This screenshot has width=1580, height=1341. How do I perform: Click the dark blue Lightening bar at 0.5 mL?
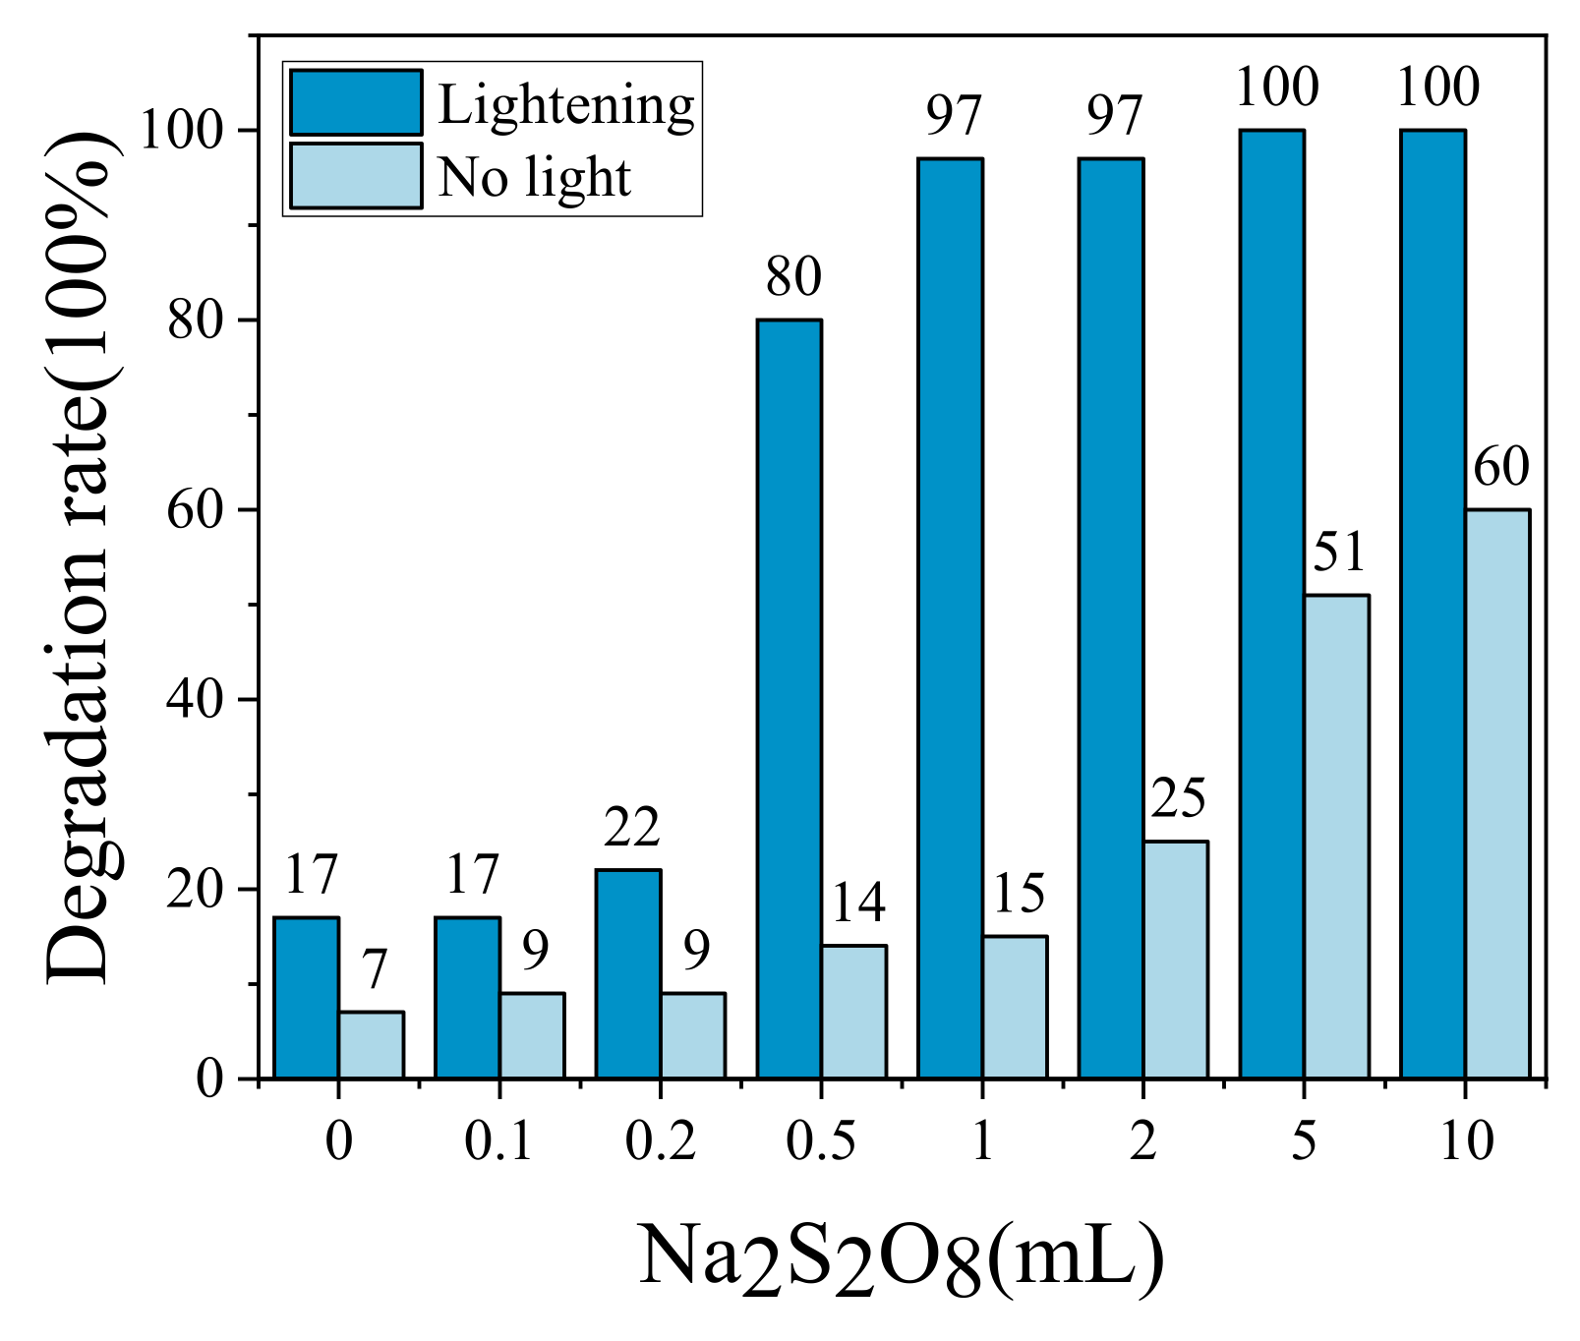point(789,698)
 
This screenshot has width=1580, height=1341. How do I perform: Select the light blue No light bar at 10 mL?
point(1497,793)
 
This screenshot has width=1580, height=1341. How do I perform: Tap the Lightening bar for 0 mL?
point(306,997)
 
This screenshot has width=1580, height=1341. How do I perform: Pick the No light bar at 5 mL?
point(1336,836)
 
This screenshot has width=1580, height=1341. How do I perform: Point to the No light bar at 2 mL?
point(1175,960)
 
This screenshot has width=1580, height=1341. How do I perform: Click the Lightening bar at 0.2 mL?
point(628,973)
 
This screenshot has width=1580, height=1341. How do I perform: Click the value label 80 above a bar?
point(793,278)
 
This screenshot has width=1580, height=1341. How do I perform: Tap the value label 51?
point(1339,554)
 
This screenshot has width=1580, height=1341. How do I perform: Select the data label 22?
point(631,829)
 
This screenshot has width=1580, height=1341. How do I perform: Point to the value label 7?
point(374,971)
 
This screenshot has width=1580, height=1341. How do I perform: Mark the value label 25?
point(1178,799)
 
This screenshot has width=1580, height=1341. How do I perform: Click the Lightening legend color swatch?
point(356,102)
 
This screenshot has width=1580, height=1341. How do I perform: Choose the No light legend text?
point(534,178)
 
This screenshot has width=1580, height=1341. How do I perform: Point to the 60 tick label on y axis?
point(195,510)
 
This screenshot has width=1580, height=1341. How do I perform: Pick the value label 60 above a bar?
point(1501,468)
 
